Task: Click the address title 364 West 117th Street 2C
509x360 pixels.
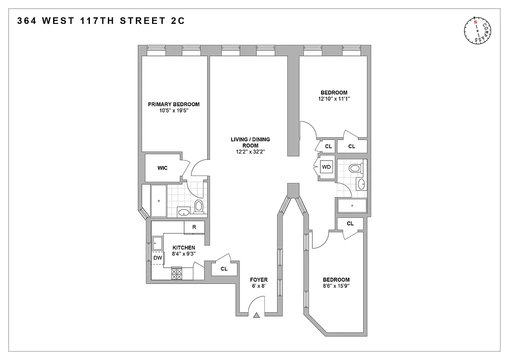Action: (x=101, y=21)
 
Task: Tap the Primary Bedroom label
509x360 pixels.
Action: (x=174, y=104)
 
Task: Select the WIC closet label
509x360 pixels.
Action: (x=162, y=168)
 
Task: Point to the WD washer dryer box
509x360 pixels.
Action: (x=326, y=167)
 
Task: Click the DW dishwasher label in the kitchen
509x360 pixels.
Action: (x=157, y=258)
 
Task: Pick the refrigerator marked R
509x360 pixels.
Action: (x=194, y=227)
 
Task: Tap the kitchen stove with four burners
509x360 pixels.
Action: (x=177, y=273)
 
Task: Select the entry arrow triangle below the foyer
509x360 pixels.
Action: (x=257, y=316)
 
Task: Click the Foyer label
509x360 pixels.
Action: (x=259, y=280)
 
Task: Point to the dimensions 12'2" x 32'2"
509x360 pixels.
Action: (x=251, y=152)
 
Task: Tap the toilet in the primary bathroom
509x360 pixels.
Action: (x=199, y=207)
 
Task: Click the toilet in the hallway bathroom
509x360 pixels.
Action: (x=355, y=169)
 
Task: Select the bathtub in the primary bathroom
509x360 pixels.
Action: (x=159, y=201)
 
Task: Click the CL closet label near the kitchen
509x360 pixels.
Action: (x=224, y=269)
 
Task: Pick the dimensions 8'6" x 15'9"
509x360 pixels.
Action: (x=335, y=286)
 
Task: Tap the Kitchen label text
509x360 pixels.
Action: (x=184, y=247)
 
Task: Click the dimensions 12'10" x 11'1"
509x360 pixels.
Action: (x=334, y=99)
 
